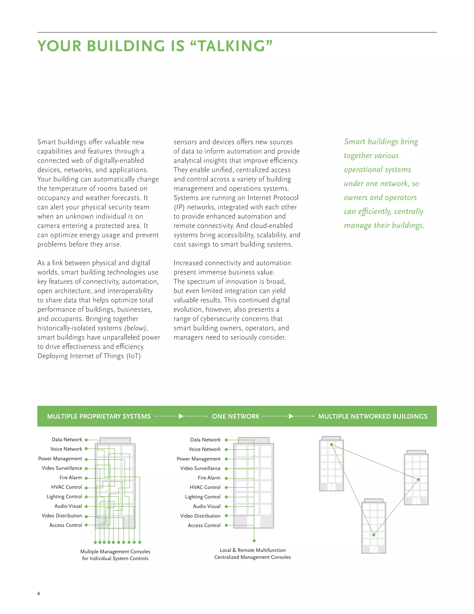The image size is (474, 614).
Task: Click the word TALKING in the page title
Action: point(232,46)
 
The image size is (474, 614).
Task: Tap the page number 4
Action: point(38,593)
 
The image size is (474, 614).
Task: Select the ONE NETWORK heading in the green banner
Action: point(236,416)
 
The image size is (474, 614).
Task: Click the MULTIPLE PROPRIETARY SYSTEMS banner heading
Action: point(99,416)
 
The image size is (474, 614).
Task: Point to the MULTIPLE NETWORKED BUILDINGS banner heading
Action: point(373,416)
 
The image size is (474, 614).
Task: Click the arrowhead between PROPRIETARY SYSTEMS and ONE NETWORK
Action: point(181,416)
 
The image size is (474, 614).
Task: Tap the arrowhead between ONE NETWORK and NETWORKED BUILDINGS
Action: point(291,416)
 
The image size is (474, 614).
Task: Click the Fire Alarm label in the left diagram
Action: point(71,478)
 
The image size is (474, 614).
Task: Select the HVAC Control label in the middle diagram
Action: point(205,487)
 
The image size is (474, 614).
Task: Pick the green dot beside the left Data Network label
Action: point(86,440)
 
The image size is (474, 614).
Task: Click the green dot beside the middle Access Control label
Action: point(226,525)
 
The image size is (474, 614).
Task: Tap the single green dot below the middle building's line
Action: point(254,541)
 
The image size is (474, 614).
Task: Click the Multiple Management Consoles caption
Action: point(115,552)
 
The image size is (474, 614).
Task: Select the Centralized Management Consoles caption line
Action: point(253,557)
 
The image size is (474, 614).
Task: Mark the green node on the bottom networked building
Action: point(374,535)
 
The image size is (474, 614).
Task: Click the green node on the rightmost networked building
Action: point(418,479)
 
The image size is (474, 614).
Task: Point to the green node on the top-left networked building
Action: point(332,444)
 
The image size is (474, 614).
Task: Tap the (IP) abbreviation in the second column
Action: point(179,207)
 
